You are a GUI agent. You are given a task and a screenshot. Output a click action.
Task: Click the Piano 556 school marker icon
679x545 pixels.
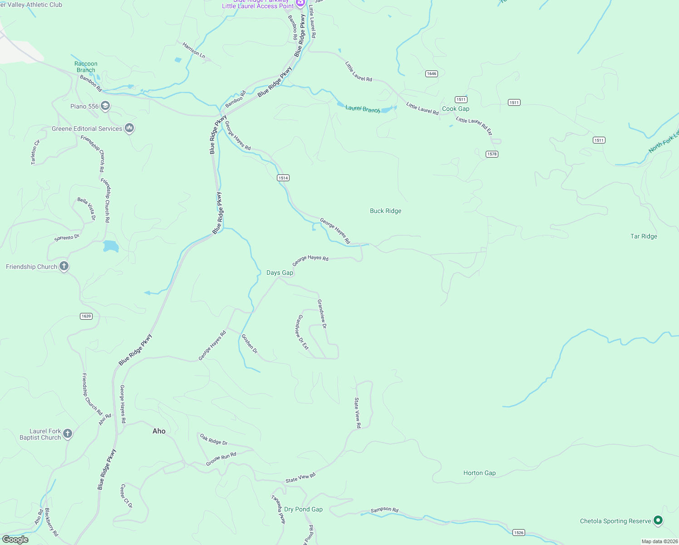point(105,106)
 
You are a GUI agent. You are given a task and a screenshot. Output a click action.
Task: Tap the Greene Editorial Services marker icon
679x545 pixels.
point(129,129)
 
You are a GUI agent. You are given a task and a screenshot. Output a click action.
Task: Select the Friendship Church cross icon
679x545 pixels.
point(64,267)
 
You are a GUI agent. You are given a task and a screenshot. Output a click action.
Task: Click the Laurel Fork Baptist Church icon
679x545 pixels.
point(68,434)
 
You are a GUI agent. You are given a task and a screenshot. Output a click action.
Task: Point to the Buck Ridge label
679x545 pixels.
point(385,211)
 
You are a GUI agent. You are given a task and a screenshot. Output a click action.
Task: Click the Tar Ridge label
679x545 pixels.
point(644,236)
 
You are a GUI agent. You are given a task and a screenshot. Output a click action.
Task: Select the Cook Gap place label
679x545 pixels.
point(456,109)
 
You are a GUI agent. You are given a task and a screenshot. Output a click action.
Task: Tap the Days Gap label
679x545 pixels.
point(280,272)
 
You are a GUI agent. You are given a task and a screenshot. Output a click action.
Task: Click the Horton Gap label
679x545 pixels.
point(479,473)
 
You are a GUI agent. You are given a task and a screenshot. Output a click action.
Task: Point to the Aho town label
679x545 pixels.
point(159,431)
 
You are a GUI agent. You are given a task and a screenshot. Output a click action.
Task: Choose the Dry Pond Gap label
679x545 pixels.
point(303,509)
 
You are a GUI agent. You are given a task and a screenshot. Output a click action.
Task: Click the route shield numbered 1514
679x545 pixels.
point(283,178)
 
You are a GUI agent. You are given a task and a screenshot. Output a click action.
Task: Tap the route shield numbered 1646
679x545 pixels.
point(431,74)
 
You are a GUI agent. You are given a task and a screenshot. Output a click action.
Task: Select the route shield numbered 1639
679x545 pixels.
point(86,316)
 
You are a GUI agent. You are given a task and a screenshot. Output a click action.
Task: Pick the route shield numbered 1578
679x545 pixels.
point(492,154)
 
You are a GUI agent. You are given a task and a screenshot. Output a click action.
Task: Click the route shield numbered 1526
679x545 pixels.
point(518,532)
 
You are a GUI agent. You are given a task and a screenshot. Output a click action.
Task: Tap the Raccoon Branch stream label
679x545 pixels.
point(86,67)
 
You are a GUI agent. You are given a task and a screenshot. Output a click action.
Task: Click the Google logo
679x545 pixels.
point(15,540)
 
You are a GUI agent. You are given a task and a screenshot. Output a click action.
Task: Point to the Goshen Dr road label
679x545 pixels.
point(249,344)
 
